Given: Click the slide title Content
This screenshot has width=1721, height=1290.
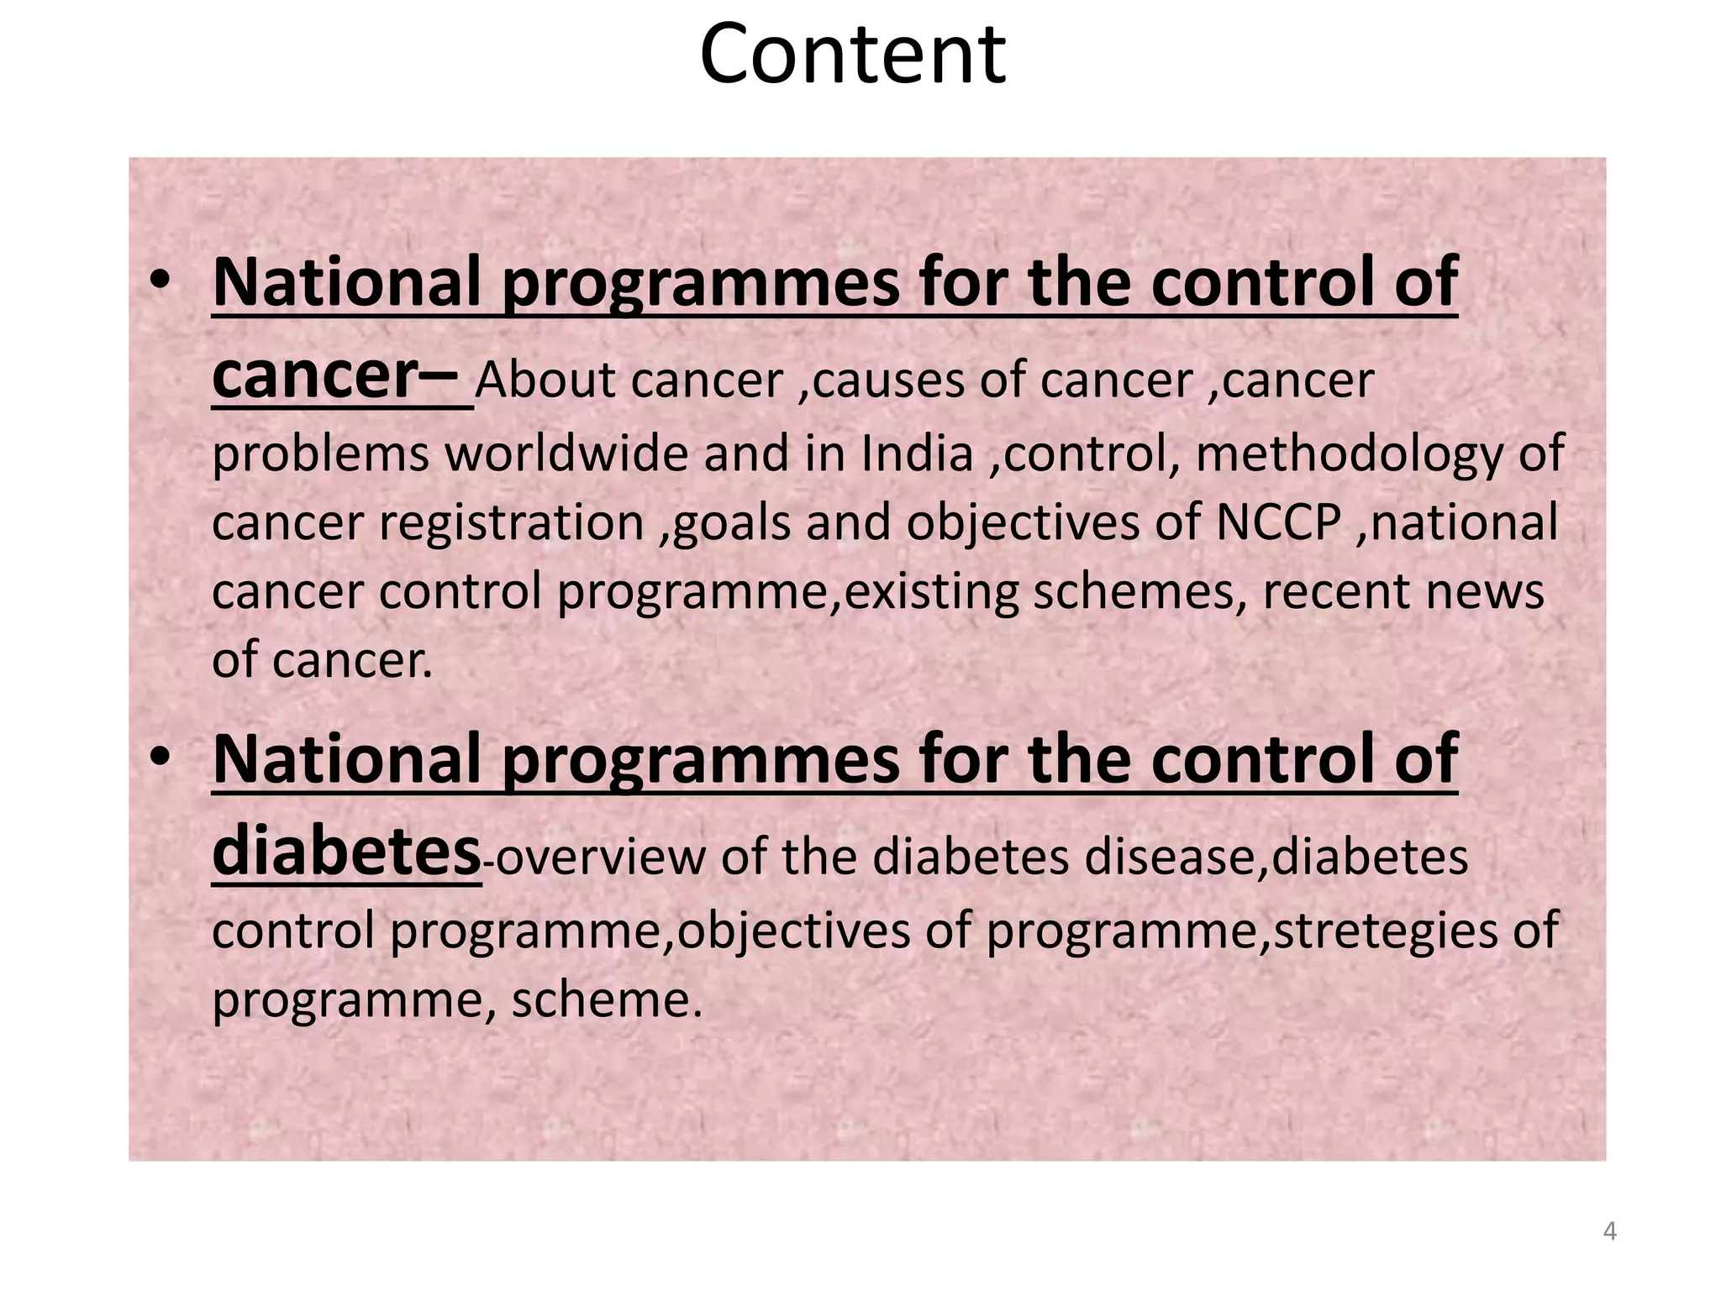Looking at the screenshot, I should (x=852, y=55).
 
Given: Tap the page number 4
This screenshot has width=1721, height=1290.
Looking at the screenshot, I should (x=1609, y=1231).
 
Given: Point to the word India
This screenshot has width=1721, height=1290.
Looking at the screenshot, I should (x=917, y=454).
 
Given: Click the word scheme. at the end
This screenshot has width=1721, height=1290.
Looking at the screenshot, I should (x=606, y=999).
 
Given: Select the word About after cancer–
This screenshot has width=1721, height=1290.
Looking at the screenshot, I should (x=545, y=380).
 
